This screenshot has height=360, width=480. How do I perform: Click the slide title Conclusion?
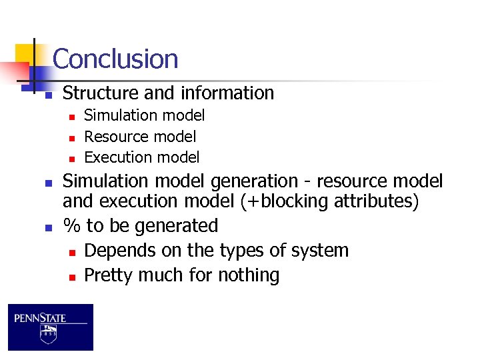(x=115, y=59)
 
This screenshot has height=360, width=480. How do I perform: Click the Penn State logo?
(x=51, y=327)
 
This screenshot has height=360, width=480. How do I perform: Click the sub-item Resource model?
(x=140, y=137)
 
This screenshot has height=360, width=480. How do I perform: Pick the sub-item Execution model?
(x=141, y=157)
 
